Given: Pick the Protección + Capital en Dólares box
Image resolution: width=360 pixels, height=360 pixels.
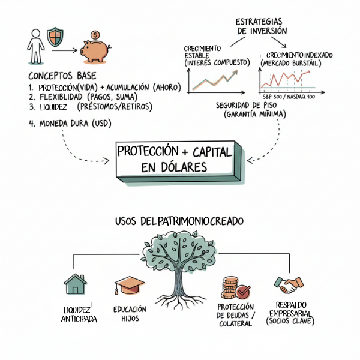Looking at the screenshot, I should [174, 160].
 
